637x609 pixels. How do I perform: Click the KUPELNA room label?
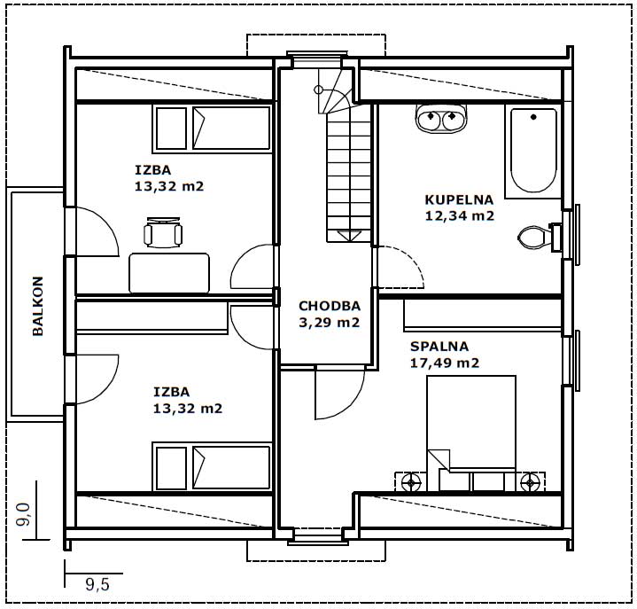point(459,199)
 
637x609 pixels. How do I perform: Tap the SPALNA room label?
point(439,347)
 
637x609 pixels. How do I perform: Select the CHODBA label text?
point(330,306)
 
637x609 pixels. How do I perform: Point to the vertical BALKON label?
point(38,306)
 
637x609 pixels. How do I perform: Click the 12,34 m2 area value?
point(460,216)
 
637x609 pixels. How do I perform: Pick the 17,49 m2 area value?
point(445,363)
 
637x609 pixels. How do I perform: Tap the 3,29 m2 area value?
point(330,323)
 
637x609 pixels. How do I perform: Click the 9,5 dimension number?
point(97,584)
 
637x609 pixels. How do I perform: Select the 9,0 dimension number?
point(24,514)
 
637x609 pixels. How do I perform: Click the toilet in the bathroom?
point(540,237)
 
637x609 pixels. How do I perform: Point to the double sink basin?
point(441,118)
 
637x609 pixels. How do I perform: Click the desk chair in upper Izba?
point(163,232)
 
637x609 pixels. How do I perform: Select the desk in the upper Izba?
point(169,273)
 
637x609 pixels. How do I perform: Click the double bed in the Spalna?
point(471,433)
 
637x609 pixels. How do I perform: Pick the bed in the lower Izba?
point(213,467)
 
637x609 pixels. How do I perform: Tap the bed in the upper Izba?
point(212,129)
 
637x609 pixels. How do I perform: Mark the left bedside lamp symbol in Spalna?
point(411,482)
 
